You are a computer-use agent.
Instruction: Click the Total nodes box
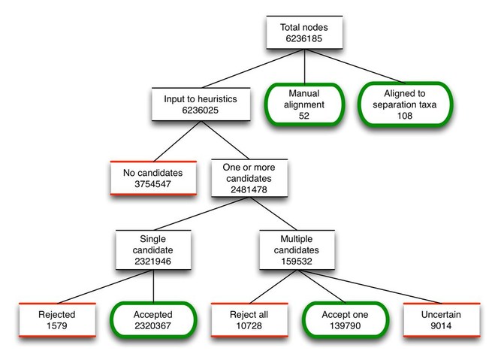coord(304,32)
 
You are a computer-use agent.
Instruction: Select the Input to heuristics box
coord(201,104)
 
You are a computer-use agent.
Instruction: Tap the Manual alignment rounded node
coord(304,104)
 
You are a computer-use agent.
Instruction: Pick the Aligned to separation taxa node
coord(405,104)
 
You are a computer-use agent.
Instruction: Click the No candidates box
coord(153,178)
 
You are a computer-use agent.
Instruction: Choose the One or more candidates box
coord(249,178)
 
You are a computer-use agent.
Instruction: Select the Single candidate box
coord(153,250)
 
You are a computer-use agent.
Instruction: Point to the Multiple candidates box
coord(297,250)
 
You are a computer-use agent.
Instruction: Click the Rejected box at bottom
coord(57,320)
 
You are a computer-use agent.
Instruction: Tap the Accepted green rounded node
coord(153,320)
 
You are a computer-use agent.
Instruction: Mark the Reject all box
coord(249,320)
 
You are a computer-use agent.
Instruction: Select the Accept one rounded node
coord(346,320)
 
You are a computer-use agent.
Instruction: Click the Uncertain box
coord(442,320)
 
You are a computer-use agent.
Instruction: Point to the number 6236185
coord(304,38)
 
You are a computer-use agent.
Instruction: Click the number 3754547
coord(152,184)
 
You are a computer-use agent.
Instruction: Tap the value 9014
coord(441,325)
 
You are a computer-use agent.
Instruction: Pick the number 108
coord(405,116)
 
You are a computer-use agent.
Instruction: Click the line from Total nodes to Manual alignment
coord(304,66)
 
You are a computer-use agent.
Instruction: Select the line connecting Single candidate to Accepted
coord(153,286)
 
